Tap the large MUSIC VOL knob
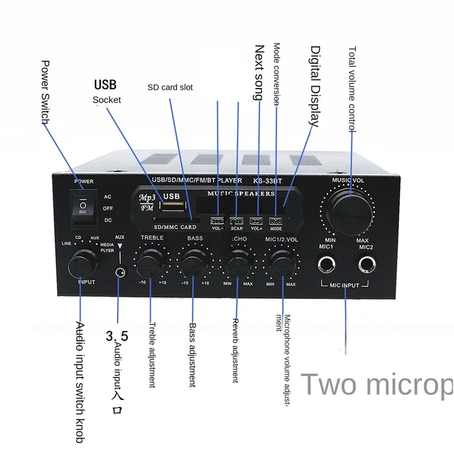pyautogui.click(x=348, y=208)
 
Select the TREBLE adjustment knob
pyautogui.click(x=152, y=262)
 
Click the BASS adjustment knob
pyautogui.click(x=194, y=262)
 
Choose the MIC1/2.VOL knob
pyautogui.click(x=281, y=262)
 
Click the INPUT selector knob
pyautogui.click(x=80, y=264)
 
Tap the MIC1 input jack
pyautogui.click(x=327, y=264)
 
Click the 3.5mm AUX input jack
pyautogui.click(x=119, y=273)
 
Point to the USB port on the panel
pyautogui.click(x=173, y=204)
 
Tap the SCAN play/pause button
pyautogui.click(x=237, y=221)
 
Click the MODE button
pyautogui.click(x=276, y=221)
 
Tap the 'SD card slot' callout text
pyautogui.click(x=170, y=87)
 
